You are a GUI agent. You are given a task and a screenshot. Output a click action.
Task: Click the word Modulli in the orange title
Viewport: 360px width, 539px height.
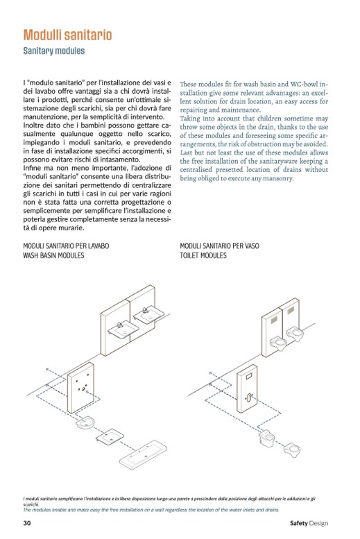(x=42, y=35)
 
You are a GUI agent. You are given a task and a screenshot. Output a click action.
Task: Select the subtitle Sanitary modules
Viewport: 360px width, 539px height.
(x=54, y=51)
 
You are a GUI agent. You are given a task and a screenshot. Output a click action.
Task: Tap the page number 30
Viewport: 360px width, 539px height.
(x=27, y=523)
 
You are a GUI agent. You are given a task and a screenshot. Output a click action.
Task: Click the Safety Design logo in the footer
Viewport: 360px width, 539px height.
(x=309, y=523)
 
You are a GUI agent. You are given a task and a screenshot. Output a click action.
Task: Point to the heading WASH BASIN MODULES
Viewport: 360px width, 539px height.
(x=53, y=255)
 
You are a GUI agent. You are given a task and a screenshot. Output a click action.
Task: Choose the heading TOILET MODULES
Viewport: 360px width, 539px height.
(x=203, y=255)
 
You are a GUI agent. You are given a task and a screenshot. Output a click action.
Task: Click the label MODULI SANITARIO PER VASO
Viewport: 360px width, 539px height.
(x=219, y=246)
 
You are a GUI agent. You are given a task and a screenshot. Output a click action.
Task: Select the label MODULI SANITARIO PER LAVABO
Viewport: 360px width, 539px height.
(x=66, y=246)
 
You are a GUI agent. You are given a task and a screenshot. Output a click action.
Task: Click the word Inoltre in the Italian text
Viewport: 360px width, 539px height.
(x=33, y=125)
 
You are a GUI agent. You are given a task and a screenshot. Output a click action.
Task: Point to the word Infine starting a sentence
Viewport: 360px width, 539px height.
(x=32, y=168)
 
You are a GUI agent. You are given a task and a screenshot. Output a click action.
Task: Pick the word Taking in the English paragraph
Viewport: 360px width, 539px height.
(x=190, y=119)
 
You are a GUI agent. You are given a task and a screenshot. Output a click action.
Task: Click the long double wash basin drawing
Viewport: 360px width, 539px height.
(x=143, y=454)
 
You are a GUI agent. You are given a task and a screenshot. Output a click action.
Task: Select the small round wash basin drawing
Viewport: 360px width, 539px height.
(x=85, y=423)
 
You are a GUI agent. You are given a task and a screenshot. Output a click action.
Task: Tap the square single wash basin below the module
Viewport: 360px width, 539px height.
(x=110, y=436)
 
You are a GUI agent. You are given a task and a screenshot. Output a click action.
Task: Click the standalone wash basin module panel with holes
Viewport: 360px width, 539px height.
(x=80, y=387)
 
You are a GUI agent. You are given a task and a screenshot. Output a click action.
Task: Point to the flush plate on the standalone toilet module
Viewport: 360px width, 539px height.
(x=249, y=377)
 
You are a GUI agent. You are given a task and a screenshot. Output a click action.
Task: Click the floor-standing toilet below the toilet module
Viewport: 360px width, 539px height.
(x=267, y=438)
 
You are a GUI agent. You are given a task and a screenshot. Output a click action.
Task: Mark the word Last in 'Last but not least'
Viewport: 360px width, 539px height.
(x=186, y=153)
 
